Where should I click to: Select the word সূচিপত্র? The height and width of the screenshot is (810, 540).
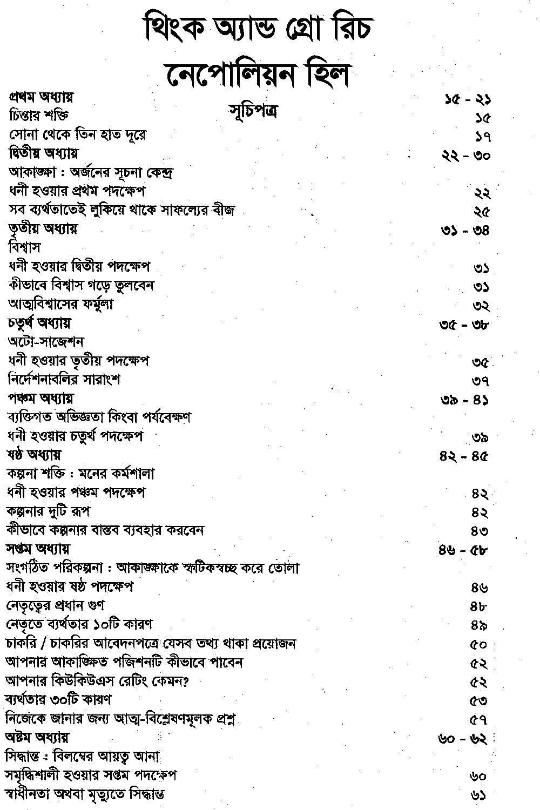(x=253, y=112)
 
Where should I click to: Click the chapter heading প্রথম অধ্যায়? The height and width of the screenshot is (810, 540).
(x=42, y=97)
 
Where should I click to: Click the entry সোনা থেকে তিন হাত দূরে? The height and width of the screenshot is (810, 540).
(x=78, y=134)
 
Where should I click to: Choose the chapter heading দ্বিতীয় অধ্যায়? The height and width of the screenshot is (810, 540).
(x=44, y=153)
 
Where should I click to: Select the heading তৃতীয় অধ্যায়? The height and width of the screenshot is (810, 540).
(x=43, y=228)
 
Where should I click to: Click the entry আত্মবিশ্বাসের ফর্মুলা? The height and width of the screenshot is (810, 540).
(x=61, y=304)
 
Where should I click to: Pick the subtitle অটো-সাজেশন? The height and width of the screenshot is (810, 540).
(x=46, y=342)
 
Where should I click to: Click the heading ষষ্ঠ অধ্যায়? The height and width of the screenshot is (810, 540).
(x=34, y=454)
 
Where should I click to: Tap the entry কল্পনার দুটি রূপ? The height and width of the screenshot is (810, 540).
(x=48, y=510)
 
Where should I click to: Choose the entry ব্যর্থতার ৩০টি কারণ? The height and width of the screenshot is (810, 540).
(x=58, y=699)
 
